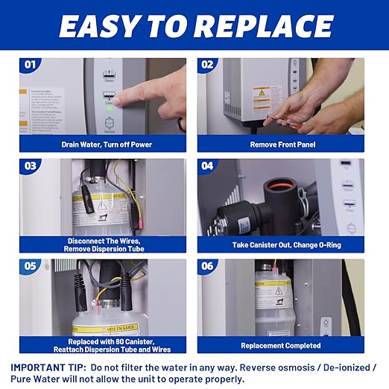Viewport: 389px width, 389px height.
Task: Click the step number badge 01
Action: (31, 65)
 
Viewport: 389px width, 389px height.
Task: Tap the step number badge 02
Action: (206, 65)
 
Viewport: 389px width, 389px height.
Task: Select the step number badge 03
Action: (31, 165)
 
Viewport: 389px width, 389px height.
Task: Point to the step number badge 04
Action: (206, 165)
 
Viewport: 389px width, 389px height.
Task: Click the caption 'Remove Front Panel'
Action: (280, 145)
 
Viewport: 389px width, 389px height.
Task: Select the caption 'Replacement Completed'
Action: (280, 346)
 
